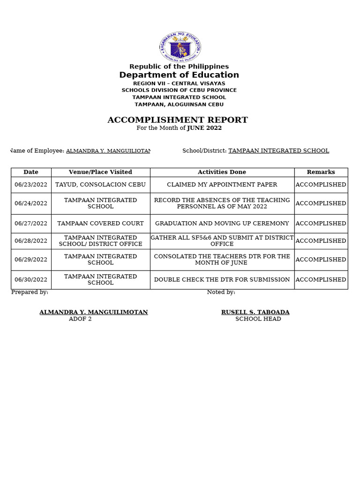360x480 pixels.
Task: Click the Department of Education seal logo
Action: coord(180,46)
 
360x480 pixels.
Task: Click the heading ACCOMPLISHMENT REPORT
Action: coord(178,120)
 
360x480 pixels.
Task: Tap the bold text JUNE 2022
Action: coord(204,128)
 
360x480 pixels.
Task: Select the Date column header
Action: coord(31,172)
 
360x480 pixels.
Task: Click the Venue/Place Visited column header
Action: coord(100,172)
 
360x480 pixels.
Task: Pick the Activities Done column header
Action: coord(222,172)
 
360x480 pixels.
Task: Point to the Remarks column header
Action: coord(321,172)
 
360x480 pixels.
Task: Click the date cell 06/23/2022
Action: coord(31,185)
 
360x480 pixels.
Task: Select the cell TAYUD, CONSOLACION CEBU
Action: coord(100,185)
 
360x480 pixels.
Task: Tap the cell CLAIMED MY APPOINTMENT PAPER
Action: coord(222,185)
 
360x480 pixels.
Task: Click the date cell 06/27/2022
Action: coord(31,224)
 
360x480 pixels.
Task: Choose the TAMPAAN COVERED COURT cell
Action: coord(100,224)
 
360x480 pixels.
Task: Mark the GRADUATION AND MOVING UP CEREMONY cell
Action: coord(222,224)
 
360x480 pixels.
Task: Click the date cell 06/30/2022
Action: coord(31,280)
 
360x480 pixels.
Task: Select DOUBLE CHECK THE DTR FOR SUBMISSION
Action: coord(222,280)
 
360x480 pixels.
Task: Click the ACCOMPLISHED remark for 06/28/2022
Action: coord(321,241)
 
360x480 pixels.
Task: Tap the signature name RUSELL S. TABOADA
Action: coord(255,312)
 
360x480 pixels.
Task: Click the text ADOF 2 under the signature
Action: coord(80,319)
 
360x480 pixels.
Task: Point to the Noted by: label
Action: coord(221,292)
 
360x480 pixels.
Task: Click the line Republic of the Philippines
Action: coord(179,67)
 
